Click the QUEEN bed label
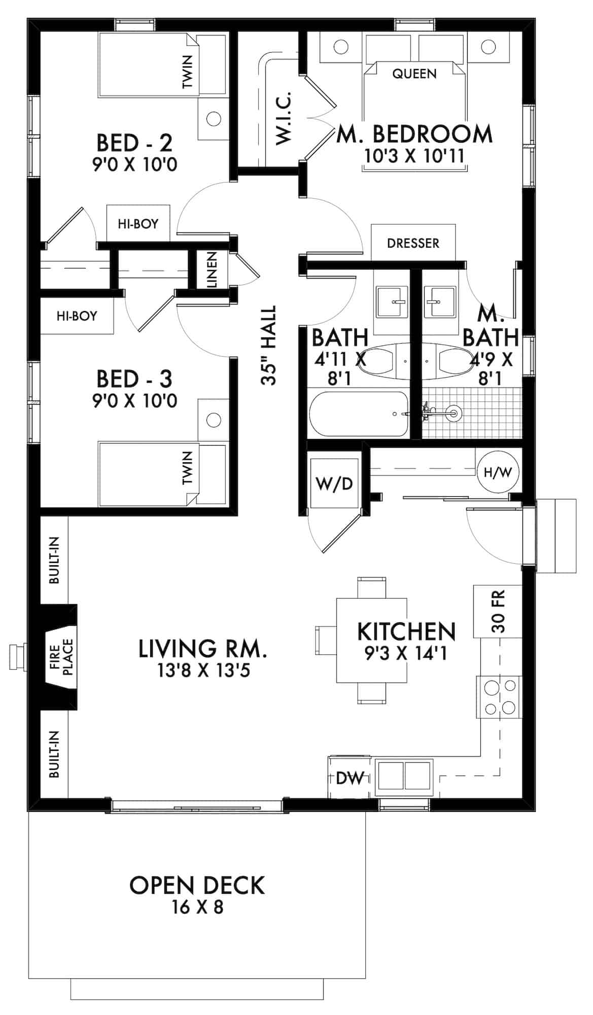pos(414,74)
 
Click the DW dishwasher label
pos(351,777)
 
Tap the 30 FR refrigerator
pos(498,611)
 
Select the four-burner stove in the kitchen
pos(499,697)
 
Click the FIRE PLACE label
pos(62,655)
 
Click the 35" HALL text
pos(268,345)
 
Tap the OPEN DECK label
pos(197,886)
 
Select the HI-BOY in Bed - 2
pos(138,223)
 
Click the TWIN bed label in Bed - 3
pos(188,467)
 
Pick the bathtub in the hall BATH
pos(359,414)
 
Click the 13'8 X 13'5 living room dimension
pos(203,671)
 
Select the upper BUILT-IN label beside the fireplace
pos(55,560)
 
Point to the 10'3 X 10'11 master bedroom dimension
pos(414,155)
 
